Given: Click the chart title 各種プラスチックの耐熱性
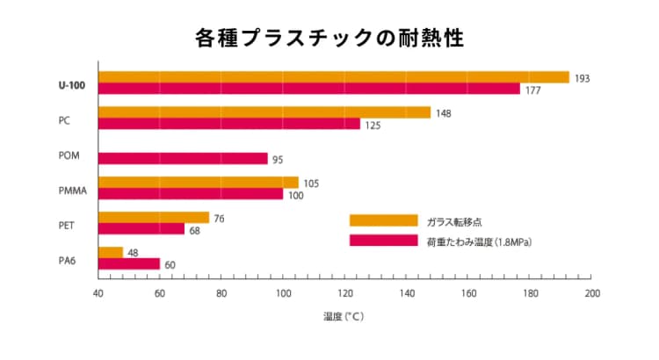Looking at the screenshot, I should pyautogui.click(x=329, y=38).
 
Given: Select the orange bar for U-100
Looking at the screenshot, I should pyautogui.click(x=334, y=77).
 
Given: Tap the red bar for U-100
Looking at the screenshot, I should pyautogui.click(x=309, y=89).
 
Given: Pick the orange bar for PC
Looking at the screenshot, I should pyautogui.click(x=264, y=112).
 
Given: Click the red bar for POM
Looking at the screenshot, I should pyautogui.click(x=183, y=159).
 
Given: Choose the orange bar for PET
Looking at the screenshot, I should pyautogui.click(x=154, y=217).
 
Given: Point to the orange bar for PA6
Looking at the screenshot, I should pyautogui.click(x=111, y=253).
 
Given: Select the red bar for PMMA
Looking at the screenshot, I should pyautogui.click(x=191, y=194).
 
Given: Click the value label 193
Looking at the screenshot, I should pyautogui.click(x=582, y=78).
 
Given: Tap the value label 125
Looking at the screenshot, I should pyautogui.click(x=373, y=126).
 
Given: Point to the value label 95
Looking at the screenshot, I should pyautogui.click(x=278, y=160).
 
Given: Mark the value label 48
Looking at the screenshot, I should pyautogui.click(x=134, y=253).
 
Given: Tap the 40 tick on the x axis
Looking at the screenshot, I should pyautogui.click(x=98, y=294).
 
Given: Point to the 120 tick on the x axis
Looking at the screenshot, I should pyautogui.click(x=344, y=294).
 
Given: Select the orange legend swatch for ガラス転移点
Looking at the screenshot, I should pyautogui.click(x=383, y=220).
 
